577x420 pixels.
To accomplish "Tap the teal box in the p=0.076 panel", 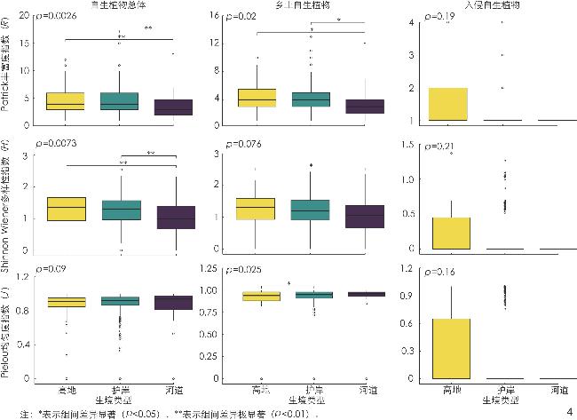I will coord(312,210).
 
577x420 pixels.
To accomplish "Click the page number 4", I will coord(568,410).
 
